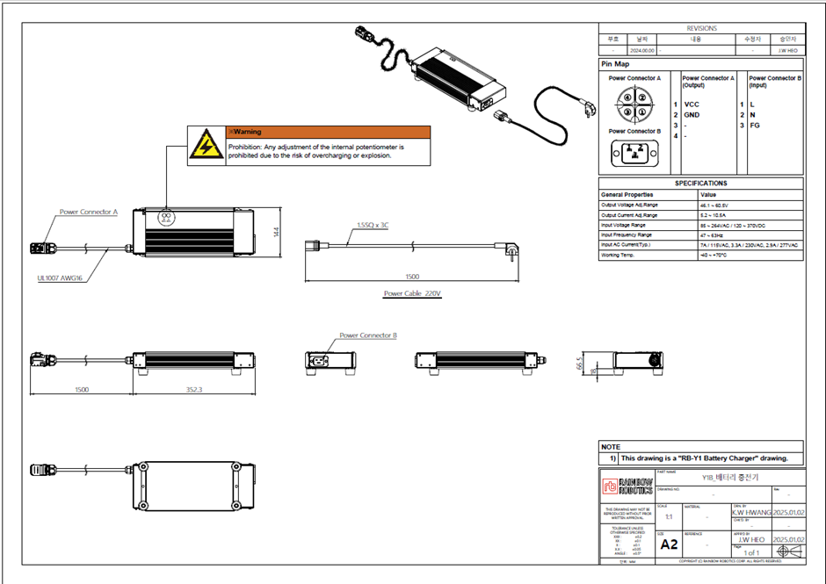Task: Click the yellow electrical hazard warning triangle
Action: click(x=206, y=145)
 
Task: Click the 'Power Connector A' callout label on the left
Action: click(x=88, y=212)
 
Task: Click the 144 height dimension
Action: click(x=275, y=233)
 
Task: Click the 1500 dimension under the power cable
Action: click(x=413, y=276)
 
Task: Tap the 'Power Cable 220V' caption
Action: click(x=412, y=293)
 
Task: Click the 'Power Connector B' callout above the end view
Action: click(x=368, y=335)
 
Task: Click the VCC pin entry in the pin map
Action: click(x=692, y=105)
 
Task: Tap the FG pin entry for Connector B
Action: click(x=754, y=126)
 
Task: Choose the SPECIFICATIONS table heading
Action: click(x=700, y=184)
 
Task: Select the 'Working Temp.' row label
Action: click(x=619, y=256)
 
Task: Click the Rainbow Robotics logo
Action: click(x=627, y=486)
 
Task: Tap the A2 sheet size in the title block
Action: click(x=670, y=544)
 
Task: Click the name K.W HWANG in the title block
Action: click(x=750, y=511)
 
